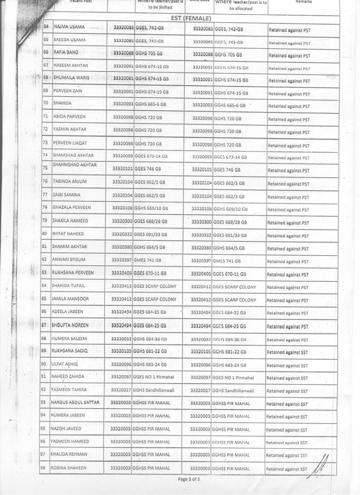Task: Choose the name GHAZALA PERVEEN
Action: coord(72,207)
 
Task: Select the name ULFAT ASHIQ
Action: coord(64,364)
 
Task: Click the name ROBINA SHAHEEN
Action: coord(69,467)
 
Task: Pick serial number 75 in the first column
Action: coord(45,168)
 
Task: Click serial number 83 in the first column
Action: coord(44,273)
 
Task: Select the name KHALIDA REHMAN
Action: coord(69,454)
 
